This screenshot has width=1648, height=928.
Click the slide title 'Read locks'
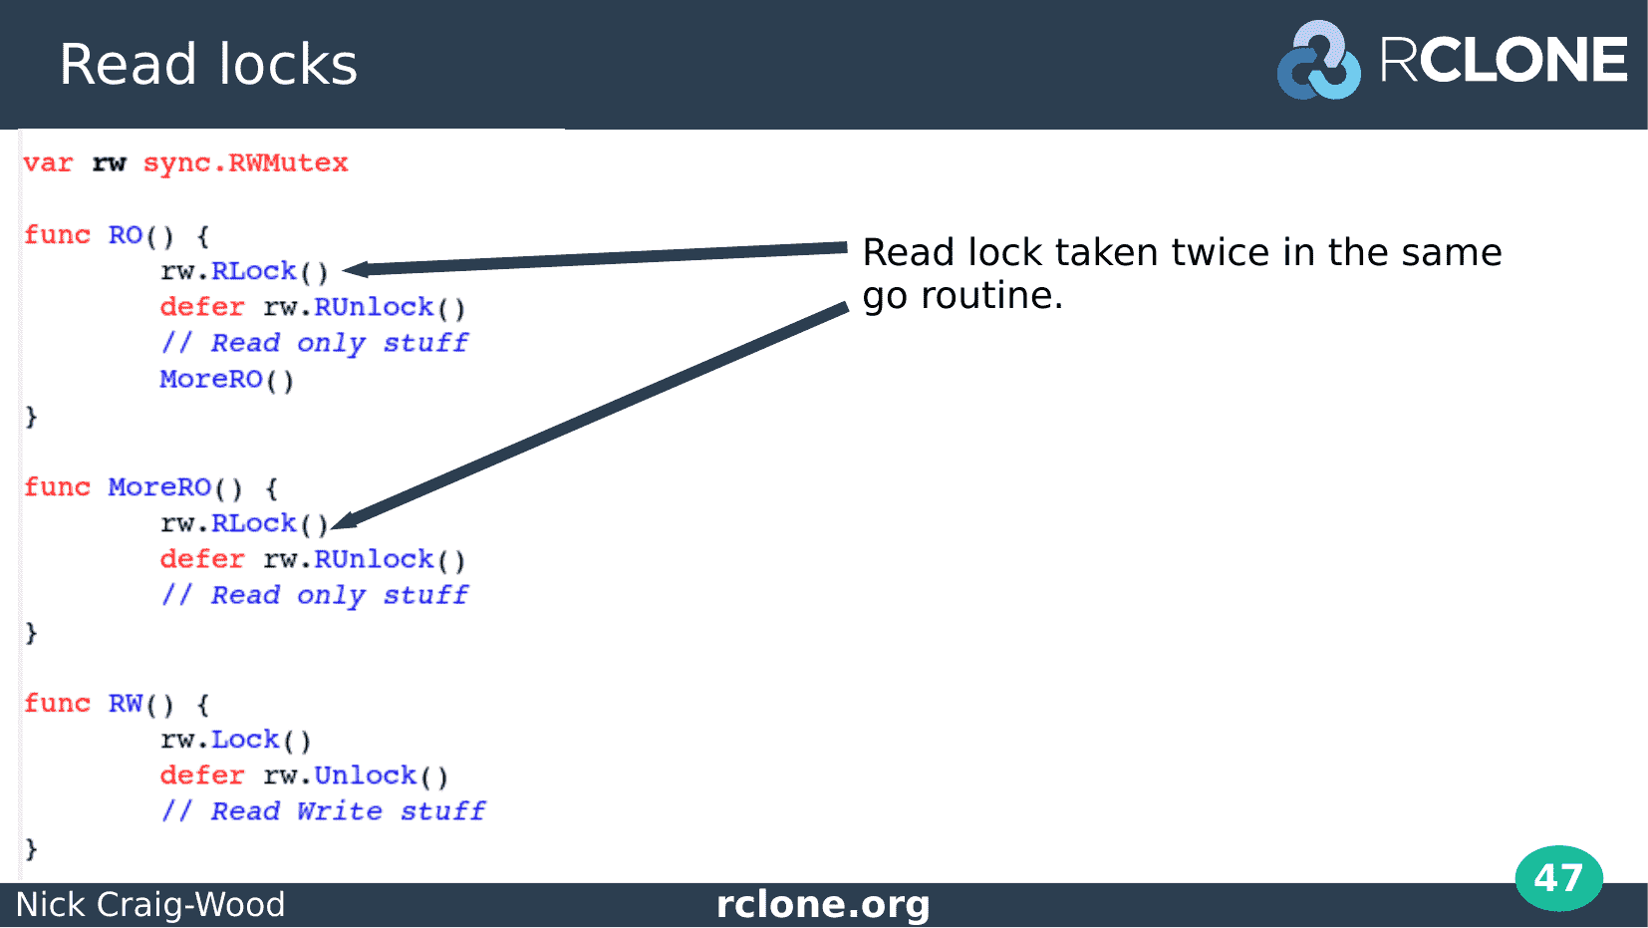pos(208,64)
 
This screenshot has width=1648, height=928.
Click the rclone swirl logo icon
pos(1318,60)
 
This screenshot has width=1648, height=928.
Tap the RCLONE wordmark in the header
pos(1504,60)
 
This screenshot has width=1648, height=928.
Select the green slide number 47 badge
pos(1559,878)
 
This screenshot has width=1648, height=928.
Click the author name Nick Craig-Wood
pos(150,904)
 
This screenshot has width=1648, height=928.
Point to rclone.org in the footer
pos(823,904)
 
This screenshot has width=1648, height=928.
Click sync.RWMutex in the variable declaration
pos(246,162)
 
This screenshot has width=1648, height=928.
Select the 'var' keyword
pos(48,163)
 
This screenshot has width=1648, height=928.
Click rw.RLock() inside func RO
pos(244,271)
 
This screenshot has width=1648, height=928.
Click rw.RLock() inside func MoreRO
pos(244,524)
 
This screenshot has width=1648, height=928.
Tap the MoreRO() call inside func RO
pos(226,380)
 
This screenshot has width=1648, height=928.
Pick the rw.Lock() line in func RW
pos(235,741)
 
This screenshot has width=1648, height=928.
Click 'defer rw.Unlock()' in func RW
pos(304,776)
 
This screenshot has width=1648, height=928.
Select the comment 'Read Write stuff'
pos(348,811)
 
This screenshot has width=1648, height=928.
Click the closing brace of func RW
pos(31,849)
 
